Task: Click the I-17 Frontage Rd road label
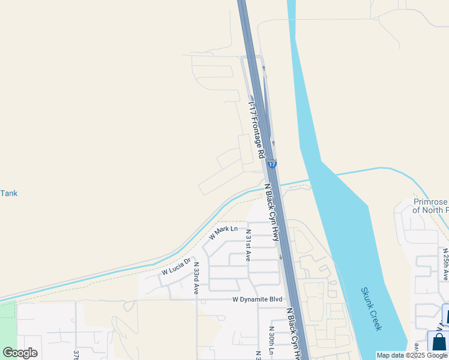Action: pos(257,129)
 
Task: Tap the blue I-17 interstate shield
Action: pos(273,164)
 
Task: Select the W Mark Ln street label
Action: pos(223,232)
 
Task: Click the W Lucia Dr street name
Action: pos(175,267)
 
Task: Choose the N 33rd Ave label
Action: pos(196,278)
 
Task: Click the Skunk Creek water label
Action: pos(371,308)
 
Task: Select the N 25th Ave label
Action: pos(445,264)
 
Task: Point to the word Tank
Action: pos(9,193)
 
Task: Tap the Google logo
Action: pos(20,353)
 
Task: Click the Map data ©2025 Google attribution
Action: pos(412,355)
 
